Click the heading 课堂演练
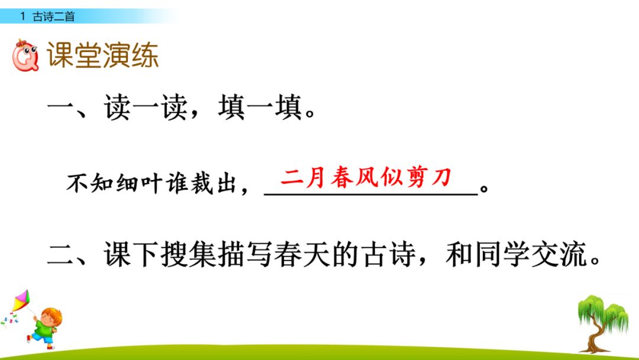click(x=103, y=56)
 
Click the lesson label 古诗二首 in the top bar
click(x=54, y=17)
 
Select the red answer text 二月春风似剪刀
click(x=366, y=177)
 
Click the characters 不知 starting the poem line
click(x=86, y=185)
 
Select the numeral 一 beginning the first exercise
click(x=61, y=110)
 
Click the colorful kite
click(x=22, y=301)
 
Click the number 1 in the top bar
click(x=22, y=17)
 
